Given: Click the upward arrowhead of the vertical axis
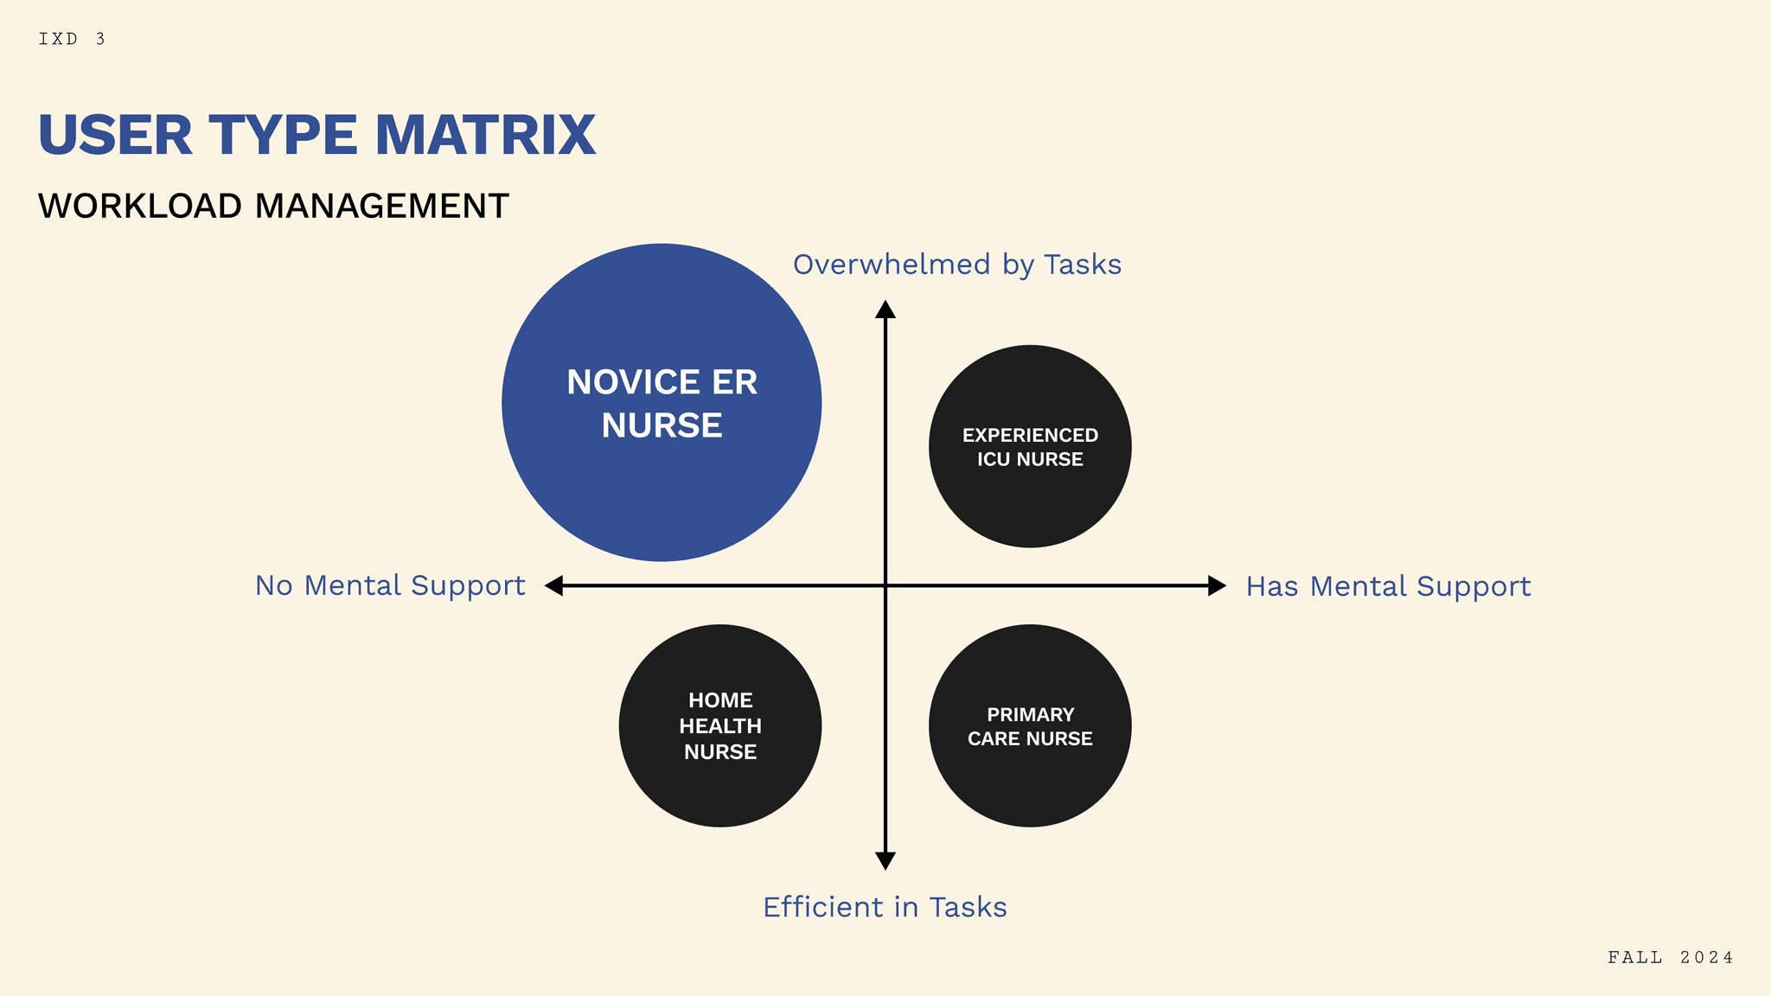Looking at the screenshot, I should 885,310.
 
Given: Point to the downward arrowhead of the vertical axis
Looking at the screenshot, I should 885,860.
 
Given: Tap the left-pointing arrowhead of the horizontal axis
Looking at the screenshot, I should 554,585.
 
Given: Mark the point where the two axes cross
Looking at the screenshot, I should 885,585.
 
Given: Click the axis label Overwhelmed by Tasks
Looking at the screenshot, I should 956,265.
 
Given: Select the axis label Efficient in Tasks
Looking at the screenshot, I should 885,907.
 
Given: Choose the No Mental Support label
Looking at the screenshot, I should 390,585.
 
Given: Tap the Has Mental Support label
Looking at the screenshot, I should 1388,586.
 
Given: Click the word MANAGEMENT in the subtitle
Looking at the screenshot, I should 381,207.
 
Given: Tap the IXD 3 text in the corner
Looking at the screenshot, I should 72,39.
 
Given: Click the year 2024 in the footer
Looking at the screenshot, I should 1706,957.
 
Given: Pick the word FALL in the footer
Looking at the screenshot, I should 1635,957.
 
